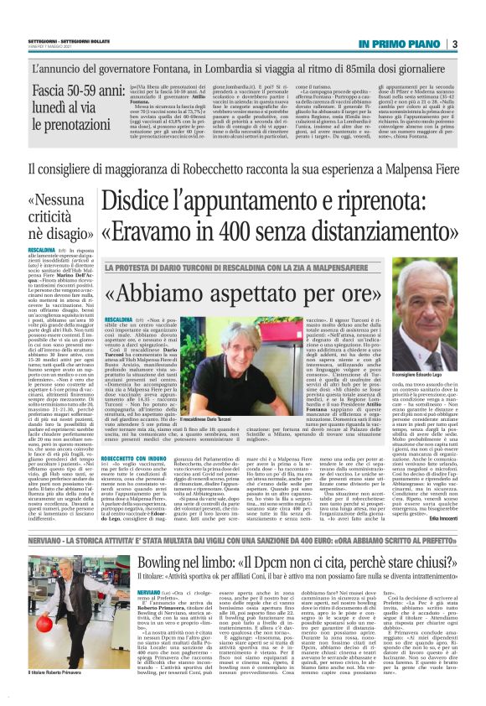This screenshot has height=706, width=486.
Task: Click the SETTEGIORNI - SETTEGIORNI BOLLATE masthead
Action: point(59,39)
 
